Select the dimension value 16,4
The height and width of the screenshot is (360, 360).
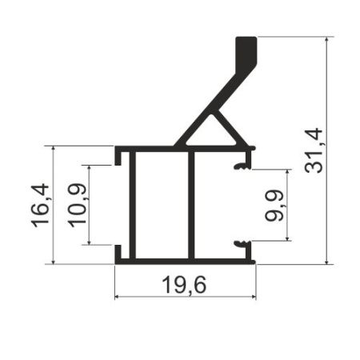click(x=41, y=205)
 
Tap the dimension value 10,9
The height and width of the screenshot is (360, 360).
click(x=77, y=206)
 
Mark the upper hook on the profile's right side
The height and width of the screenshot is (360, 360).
click(x=240, y=166)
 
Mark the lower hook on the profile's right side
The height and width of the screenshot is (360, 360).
click(x=240, y=243)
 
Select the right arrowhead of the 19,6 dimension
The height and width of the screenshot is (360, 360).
click(x=252, y=298)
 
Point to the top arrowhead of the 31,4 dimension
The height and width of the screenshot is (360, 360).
click(x=327, y=41)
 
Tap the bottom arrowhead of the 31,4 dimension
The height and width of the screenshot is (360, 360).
click(x=327, y=259)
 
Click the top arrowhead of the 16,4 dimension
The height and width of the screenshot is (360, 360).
click(x=53, y=150)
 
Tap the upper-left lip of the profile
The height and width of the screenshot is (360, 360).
click(x=118, y=155)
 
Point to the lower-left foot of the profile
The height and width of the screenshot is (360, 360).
click(x=118, y=254)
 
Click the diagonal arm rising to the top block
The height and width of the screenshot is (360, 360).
click(x=210, y=105)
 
